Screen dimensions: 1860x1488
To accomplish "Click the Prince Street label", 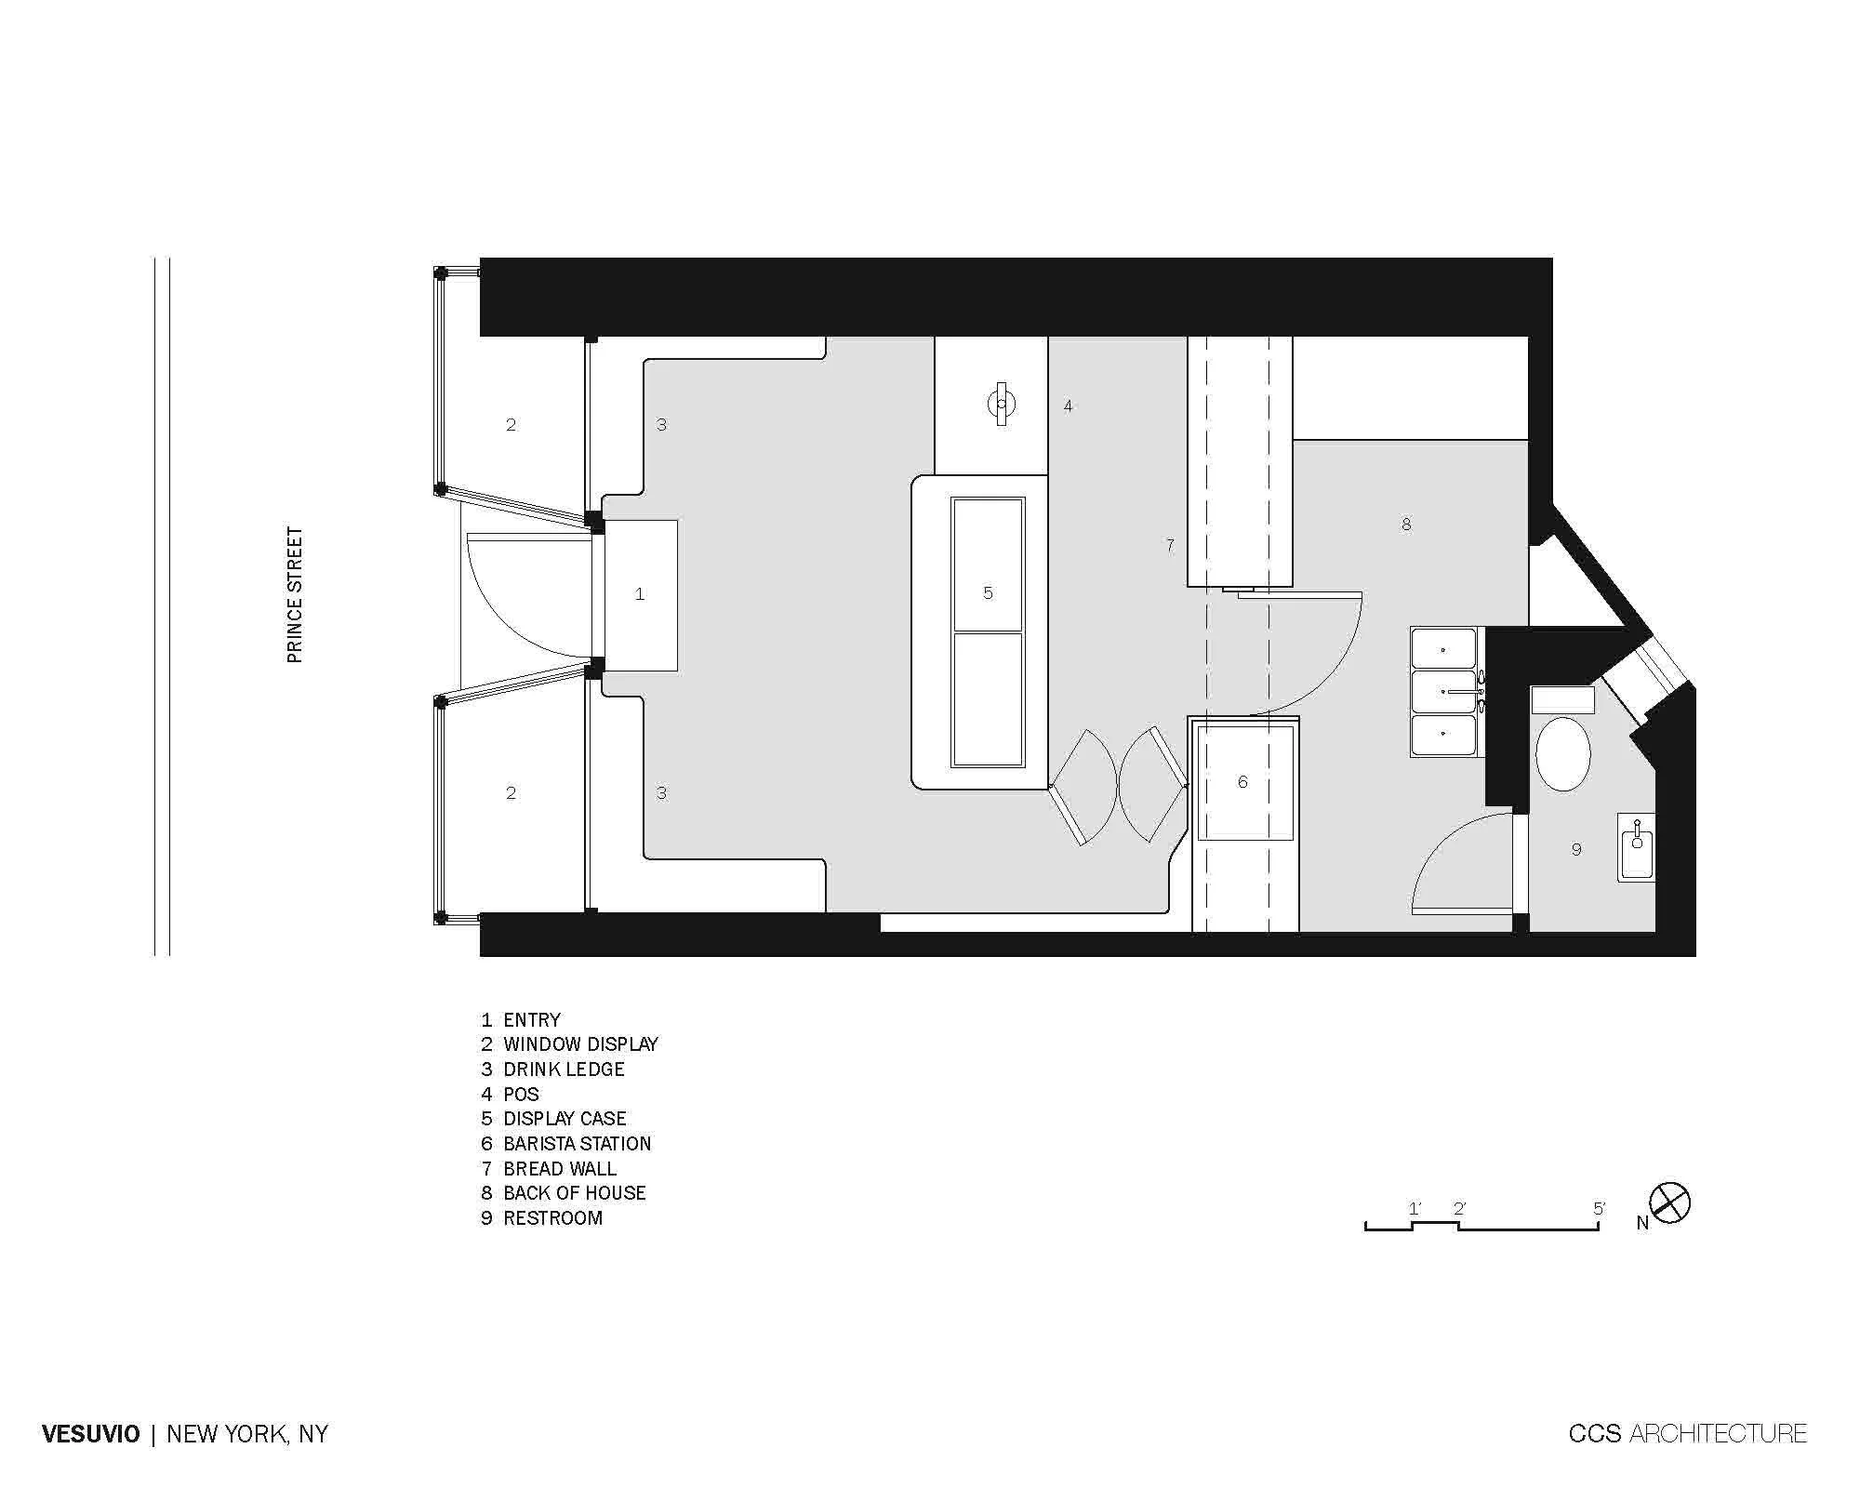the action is (x=295, y=595).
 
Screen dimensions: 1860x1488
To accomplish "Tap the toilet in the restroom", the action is (x=1562, y=753).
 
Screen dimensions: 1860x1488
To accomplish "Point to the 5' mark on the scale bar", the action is (x=1599, y=1209).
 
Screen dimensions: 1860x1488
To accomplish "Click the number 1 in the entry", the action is (x=640, y=593).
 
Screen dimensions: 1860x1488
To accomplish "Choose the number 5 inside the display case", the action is (x=989, y=592).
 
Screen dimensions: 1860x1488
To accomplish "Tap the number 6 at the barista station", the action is (x=1242, y=782).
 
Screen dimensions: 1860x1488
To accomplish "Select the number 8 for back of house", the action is (x=1406, y=525).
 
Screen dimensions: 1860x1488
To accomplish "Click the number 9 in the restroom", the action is (x=1576, y=849).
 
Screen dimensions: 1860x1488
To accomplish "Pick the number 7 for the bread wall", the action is (x=1170, y=545).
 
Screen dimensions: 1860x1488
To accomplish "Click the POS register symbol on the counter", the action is (x=1001, y=405).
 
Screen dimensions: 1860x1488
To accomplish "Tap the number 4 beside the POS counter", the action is (x=1069, y=405).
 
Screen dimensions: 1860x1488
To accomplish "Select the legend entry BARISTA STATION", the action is (x=566, y=1144).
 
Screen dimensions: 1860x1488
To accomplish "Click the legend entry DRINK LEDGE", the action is (x=553, y=1069).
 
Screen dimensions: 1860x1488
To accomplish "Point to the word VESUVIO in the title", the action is (x=91, y=1434).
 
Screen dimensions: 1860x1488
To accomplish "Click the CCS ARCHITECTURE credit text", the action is (x=1687, y=1434).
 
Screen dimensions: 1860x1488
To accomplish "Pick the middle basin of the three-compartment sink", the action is (x=1443, y=692).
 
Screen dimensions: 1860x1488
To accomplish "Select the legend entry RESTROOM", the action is (x=542, y=1218).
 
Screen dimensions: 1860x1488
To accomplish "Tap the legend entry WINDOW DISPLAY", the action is (x=570, y=1044).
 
